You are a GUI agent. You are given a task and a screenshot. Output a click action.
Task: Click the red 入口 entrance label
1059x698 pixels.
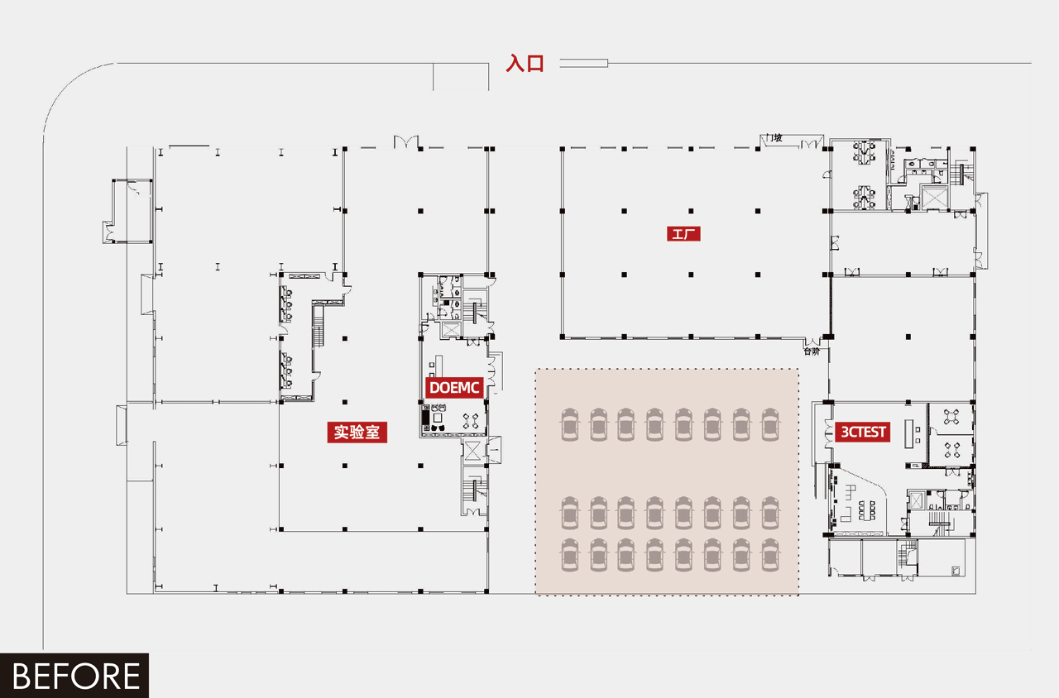(525, 64)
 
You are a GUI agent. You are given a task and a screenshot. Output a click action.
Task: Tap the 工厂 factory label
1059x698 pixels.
(683, 234)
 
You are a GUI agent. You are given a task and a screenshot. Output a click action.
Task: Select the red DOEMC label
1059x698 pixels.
(455, 388)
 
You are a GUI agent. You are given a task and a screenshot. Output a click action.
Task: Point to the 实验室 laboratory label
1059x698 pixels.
(357, 432)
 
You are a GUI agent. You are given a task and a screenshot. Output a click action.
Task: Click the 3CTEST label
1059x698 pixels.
(863, 432)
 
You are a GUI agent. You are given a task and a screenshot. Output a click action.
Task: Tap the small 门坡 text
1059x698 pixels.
(774, 138)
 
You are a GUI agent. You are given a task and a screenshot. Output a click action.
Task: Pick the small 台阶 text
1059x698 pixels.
(812, 351)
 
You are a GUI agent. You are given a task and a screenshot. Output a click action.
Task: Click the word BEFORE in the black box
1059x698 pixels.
(75, 676)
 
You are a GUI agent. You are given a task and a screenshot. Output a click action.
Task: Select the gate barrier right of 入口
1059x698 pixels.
(583, 64)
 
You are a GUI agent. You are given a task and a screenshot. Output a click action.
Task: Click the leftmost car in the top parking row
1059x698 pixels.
(570, 424)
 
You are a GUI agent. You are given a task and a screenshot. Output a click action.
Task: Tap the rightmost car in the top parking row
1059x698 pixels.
(770, 424)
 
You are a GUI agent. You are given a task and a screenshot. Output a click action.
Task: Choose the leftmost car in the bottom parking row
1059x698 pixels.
(570, 554)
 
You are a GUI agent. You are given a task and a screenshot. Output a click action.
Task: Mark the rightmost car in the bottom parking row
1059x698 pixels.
(770, 554)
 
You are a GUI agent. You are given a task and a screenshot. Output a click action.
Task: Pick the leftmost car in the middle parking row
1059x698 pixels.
(570, 513)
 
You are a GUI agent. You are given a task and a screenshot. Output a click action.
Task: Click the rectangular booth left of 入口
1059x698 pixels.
(461, 77)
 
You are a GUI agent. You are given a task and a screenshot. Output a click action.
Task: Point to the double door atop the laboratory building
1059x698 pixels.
(406, 141)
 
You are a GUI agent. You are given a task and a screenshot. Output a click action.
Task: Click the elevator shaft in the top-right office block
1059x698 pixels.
(934, 198)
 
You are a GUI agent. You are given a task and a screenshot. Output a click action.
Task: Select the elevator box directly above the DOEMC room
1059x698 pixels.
(452, 329)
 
